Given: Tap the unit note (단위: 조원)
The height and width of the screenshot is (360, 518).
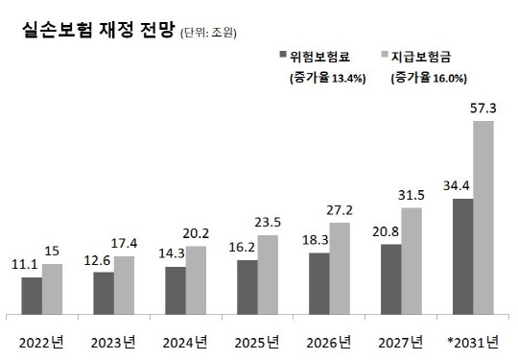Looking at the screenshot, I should (208, 33).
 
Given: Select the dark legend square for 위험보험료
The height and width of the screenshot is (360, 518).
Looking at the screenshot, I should (282, 55).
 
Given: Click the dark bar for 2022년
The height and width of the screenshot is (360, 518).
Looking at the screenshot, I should (32, 295).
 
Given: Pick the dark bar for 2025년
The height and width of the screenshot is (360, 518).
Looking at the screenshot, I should (247, 286).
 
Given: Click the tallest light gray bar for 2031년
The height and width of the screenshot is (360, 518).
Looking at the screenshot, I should (483, 217).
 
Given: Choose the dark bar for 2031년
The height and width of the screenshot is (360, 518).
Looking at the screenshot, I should (462, 255).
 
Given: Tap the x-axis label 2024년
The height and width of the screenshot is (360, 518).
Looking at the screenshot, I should (186, 343).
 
